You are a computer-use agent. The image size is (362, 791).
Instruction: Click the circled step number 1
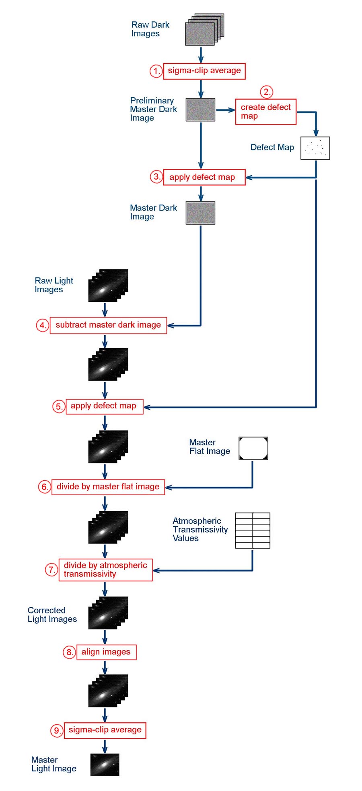(156, 71)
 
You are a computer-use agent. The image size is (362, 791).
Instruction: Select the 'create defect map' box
(265, 112)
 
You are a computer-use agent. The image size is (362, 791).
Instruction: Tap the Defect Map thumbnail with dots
(315, 148)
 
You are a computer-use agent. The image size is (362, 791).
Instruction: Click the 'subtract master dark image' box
(108, 325)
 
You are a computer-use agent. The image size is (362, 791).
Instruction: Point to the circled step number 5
(58, 406)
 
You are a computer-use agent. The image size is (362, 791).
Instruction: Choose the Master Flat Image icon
(253, 449)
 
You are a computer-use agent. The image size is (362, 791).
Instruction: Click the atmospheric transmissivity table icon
(252, 531)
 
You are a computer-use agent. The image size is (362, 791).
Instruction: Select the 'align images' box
(106, 652)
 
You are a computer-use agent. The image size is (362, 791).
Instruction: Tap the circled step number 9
(57, 730)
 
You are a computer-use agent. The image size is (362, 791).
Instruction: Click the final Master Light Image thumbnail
(105, 764)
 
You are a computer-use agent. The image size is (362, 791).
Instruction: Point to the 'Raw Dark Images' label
(150, 29)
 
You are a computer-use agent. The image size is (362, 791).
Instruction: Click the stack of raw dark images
(204, 30)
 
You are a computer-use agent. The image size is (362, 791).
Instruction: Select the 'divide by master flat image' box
(108, 487)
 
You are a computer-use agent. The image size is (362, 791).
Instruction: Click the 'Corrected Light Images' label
(52, 615)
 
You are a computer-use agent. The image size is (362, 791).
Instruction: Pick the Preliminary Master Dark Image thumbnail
(200, 110)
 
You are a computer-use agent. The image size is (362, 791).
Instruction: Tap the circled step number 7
(51, 570)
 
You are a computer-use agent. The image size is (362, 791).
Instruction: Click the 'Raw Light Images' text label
(53, 285)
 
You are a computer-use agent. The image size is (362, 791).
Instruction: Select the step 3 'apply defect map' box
(204, 177)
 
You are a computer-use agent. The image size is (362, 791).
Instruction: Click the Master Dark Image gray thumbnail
(200, 213)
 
